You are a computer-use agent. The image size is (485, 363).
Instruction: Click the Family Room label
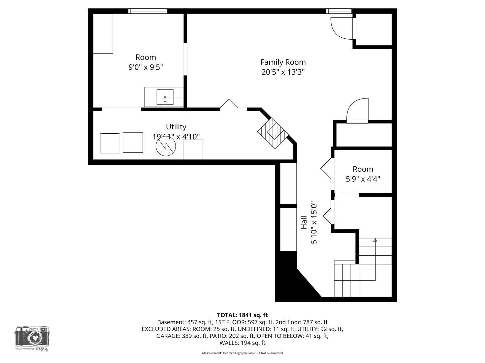pyautogui.click(x=283, y=62)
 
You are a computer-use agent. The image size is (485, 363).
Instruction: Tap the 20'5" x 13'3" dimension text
pyautogui.click(x=283, y=72)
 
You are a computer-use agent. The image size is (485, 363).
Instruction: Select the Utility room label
pyautogui.click(x=176, y=127)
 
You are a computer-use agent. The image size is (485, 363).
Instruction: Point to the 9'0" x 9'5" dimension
pyautogui.click(x=145, y=67)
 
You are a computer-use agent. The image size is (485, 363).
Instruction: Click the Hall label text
pyautogui.click(x=304, y=223)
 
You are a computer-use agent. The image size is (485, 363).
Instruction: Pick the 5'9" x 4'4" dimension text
pyautogui.click(x=363, y=179)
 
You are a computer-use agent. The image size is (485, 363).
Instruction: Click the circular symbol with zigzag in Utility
pyautogui.click(x=166, y=146)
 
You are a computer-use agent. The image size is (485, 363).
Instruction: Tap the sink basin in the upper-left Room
pyautogui.click(x=165, y=97)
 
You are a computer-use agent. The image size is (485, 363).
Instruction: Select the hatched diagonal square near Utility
pyautogui.click(x=273, y=134)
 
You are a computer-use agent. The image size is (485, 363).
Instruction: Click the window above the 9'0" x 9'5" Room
pyautogui.click(x=148, y=11)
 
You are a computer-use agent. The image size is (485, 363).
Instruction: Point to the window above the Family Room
pyautogui.click(x=339, y=11)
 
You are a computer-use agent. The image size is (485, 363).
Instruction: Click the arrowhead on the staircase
pyautogui.click(x=375, y=240)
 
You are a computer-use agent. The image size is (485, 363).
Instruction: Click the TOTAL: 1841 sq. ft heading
pyautogui.click(x=243, y=315)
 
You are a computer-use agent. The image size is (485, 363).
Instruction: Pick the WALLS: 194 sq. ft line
pyautogui.click(x=243, y=343)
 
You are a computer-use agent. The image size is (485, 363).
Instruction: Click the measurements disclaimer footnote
pyautogui.click(x=243, y=353)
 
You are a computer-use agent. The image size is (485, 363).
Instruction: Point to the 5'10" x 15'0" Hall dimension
pyautogui.click(x=314, y=223)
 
